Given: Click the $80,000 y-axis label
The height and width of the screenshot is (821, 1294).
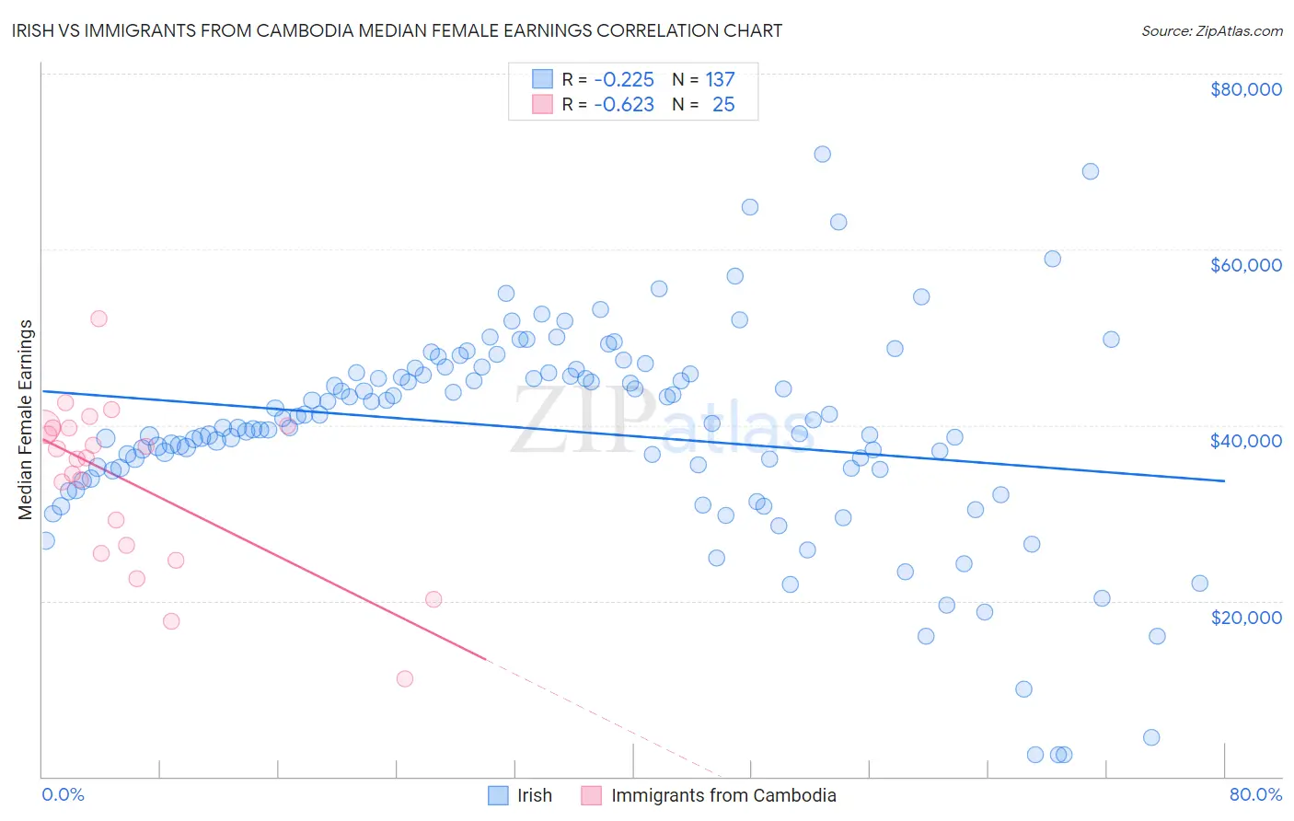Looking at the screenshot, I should click(1245, 89).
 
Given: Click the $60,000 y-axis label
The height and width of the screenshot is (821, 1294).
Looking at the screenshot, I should click(1245, 265).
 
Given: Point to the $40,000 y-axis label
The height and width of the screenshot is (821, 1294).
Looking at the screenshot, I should click(1245, 441).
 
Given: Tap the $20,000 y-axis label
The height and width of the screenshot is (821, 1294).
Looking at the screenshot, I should click(1245, 617).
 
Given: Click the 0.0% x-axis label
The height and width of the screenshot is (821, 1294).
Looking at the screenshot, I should click(63, 794).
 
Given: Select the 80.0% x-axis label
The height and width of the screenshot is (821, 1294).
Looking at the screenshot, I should click(1255, 794).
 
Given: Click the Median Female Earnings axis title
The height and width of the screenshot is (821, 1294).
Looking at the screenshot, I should click(26, 420).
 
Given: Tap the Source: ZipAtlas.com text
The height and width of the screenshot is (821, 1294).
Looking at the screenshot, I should click(1211, 31).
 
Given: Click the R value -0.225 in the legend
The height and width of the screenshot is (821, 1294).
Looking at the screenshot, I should click(624, 79).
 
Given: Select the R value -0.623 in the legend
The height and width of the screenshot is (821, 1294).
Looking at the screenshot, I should click(624, 105).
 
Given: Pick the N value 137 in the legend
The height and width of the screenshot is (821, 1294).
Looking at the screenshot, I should click(720, 79).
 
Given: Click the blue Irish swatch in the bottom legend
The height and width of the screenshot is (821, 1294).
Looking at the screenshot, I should click(498, 795).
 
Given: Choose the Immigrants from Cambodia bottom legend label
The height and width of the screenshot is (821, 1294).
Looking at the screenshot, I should click(723, 795).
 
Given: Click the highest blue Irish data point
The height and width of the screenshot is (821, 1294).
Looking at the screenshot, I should click(822, 154).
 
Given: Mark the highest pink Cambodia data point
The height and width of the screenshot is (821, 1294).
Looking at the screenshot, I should click(98, 318).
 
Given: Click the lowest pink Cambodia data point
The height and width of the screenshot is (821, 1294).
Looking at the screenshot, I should click(404, 678).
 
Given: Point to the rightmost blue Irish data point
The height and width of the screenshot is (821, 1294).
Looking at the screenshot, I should click(1199, 583).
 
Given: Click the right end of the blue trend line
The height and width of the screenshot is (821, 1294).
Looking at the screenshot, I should click(1224, 480).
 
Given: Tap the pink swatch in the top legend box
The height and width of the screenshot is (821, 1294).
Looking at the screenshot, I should click(542, 105).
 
